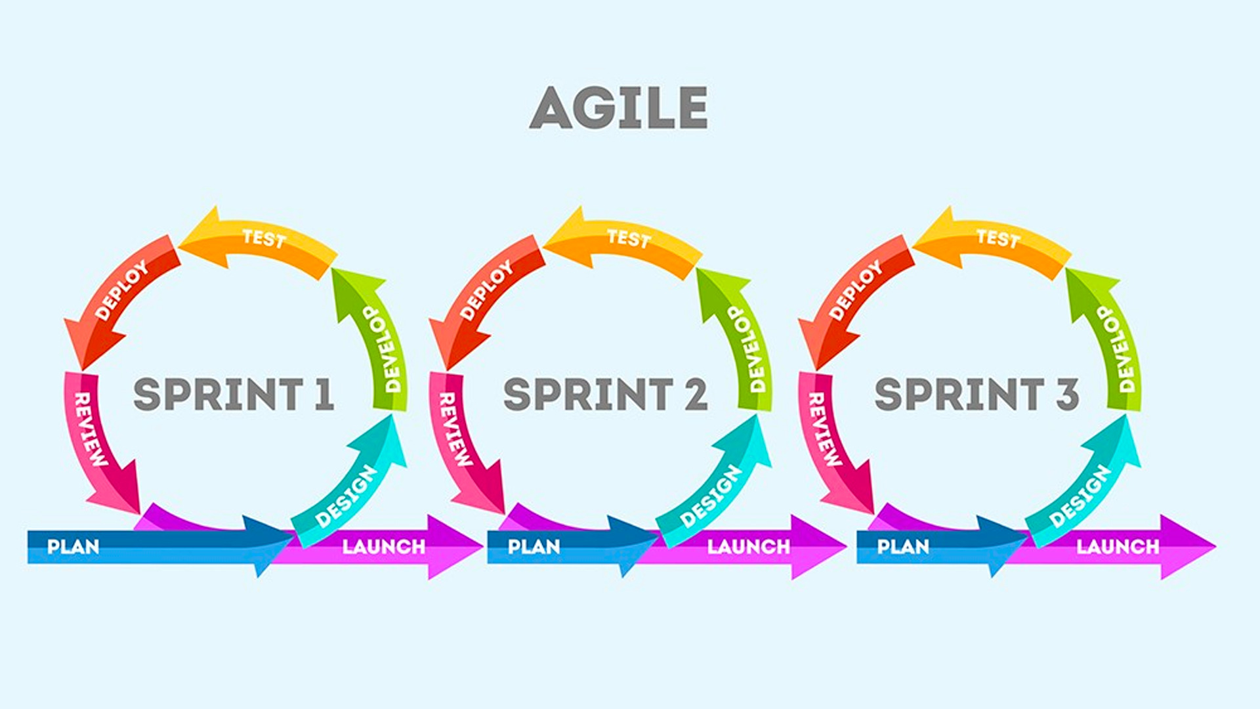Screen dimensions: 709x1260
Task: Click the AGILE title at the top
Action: pos(618,108)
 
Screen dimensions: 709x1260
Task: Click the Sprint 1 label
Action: pos(234,394)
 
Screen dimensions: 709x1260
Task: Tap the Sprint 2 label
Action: pos(605,394)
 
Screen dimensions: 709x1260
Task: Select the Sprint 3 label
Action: pos(976,394)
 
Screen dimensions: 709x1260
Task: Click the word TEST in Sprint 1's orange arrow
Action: pos(264,238)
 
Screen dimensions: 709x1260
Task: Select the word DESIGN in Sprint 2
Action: pos(711,496)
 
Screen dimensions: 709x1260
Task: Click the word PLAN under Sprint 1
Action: pos(73,547)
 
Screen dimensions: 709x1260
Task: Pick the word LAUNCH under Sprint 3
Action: pos(1118,547)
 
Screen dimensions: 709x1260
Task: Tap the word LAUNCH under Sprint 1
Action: pos(384,547)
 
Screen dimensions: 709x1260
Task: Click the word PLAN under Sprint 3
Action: pos(903,547)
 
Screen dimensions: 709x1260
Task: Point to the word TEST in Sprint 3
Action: pos(997,238)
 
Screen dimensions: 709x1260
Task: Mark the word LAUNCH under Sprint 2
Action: pos(748,547)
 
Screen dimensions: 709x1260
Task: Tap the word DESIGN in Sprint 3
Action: pos(1080,496)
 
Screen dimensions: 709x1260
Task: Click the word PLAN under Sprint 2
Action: pos(534,547)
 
